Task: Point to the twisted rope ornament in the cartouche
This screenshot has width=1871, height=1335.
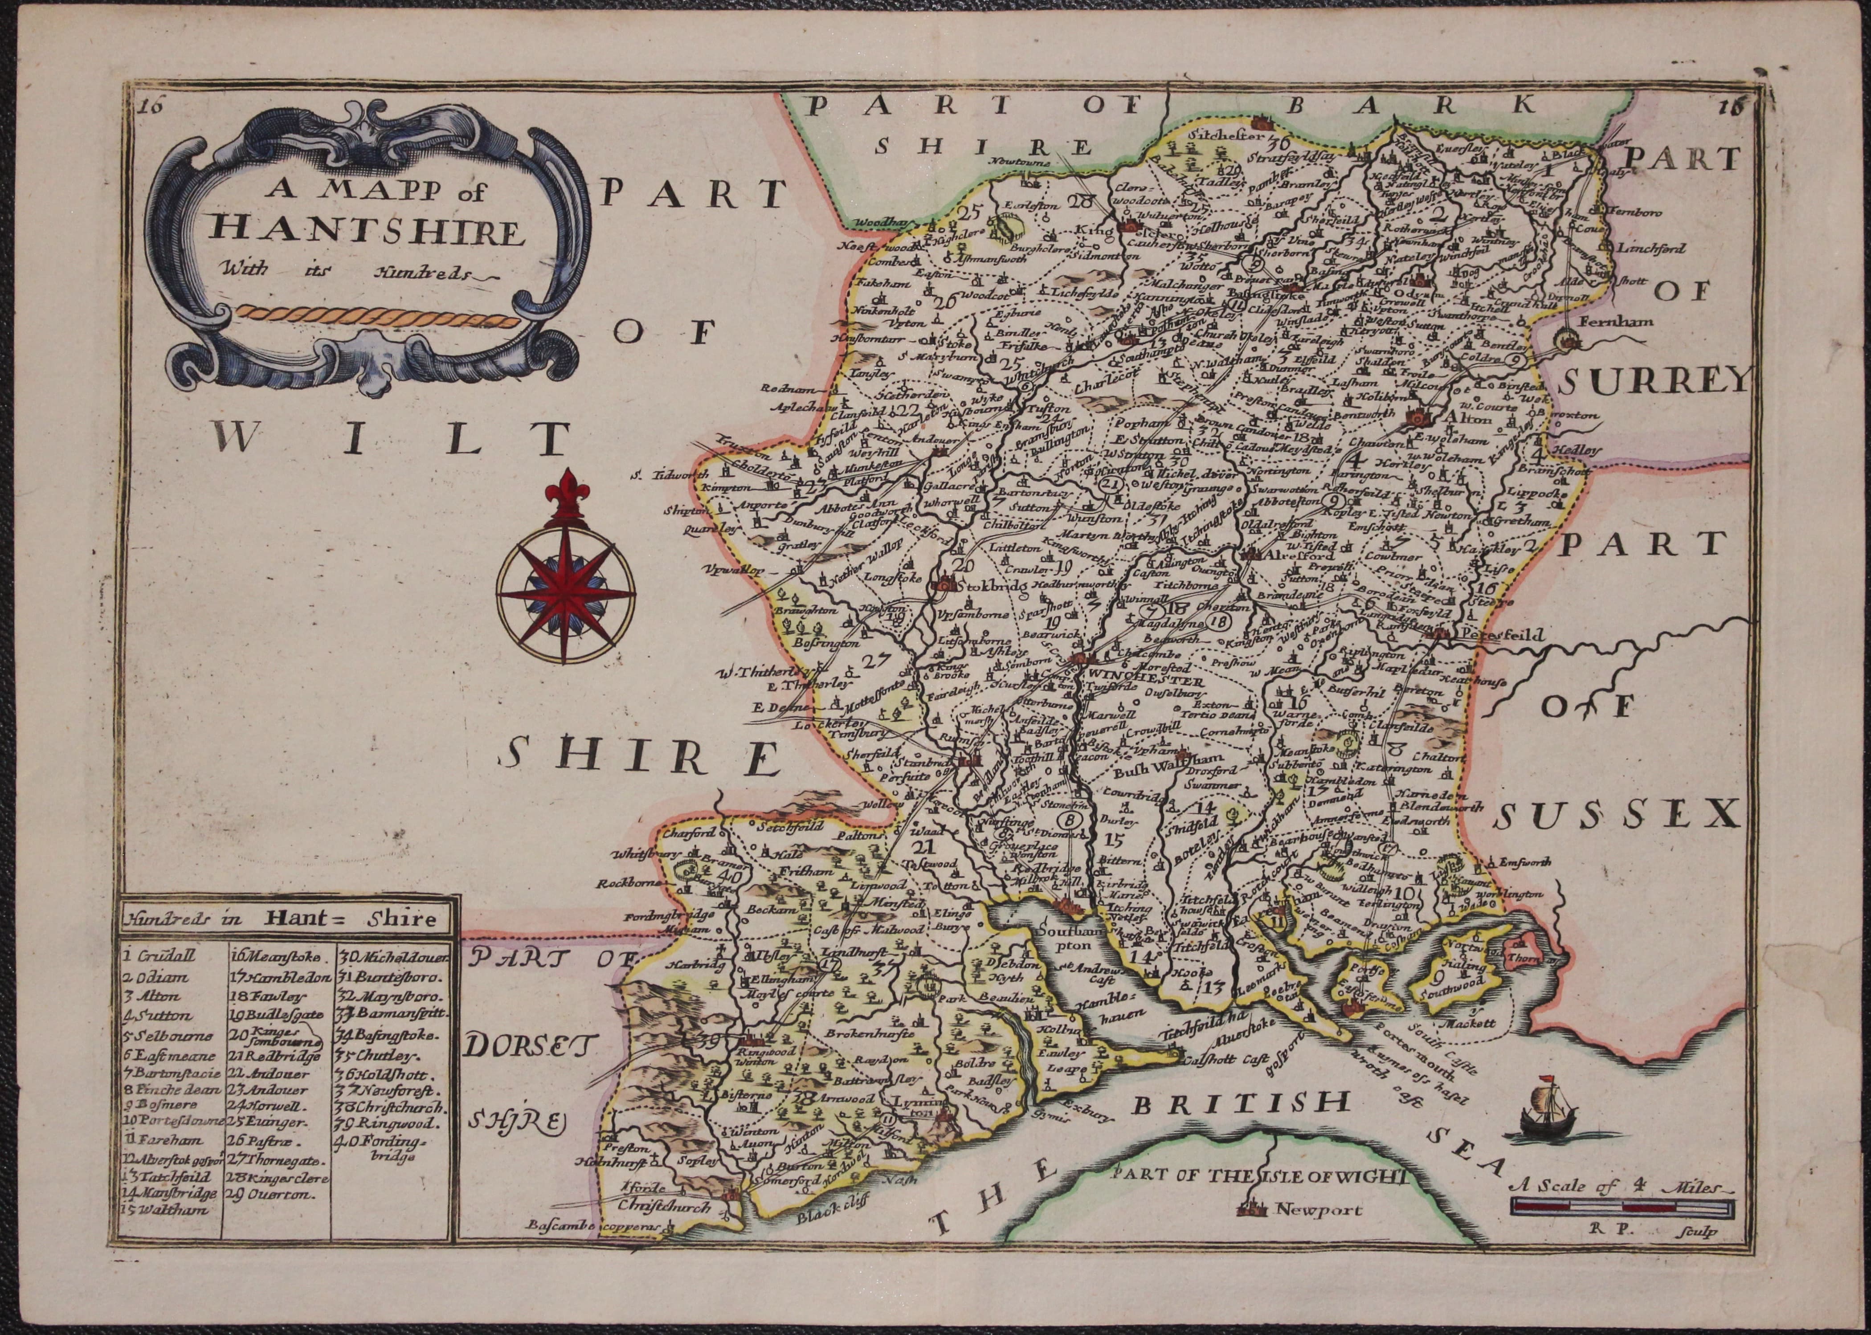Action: point(378,316)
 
